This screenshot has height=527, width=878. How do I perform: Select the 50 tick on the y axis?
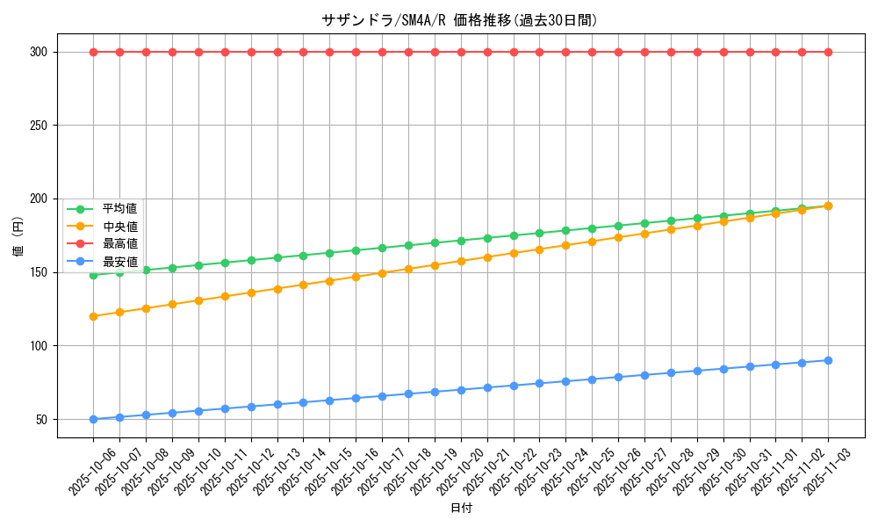coord(40,419)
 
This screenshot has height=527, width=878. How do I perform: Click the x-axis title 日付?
coord(460,509)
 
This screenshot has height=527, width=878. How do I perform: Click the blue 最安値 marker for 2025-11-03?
coord(828,360)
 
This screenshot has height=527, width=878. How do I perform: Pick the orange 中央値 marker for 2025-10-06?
coord(93,316)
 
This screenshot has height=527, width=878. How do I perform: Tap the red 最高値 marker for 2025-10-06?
coord(93,52)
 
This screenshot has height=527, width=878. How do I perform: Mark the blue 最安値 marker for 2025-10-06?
coord(93,419)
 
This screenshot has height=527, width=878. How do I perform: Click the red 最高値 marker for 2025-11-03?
coord(828,52)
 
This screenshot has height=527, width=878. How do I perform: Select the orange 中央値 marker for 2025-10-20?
coord(461,261)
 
